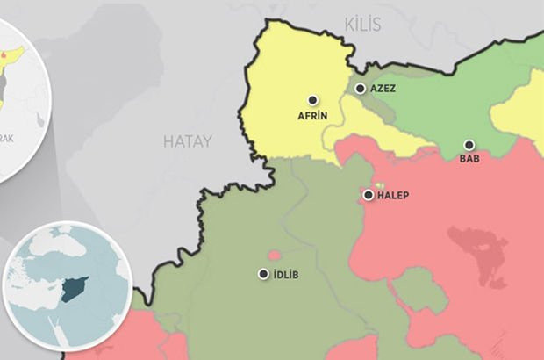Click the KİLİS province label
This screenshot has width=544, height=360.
pyautogui.click(x=363, y=25)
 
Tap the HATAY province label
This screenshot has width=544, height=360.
pyautogui.click(x=187, y=140)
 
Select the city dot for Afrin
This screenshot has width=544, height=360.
pyautogui.click(x=311, y=101)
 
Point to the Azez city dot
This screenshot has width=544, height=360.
pyautogui.click(x=360, y=89)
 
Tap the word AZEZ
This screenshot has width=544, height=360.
pyautogui.click(x=384, y=89)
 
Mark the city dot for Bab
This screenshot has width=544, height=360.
pyautogui.click(x=469, y=145)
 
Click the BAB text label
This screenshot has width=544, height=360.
pyautogui.click(x=469, y=160)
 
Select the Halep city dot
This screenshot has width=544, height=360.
pyautogui.click(x=369, y=195)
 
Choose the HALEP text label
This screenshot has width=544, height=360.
pyautogui.click(x=393, y=195)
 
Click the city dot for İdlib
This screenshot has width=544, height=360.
pyautogui.click(x=263, y=274)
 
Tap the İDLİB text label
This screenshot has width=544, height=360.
pyautogui.click(x=286, y=275)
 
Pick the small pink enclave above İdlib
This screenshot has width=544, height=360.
pyautogui.click(x=275, y=255)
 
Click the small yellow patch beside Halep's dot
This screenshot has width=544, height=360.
pyautogui.click(x=378, y=186)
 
